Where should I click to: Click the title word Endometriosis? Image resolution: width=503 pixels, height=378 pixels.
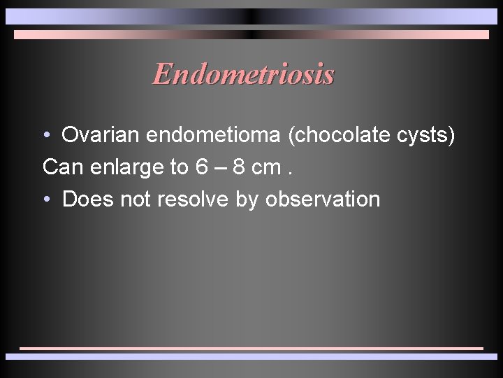243,73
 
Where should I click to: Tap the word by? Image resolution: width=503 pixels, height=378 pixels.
247,200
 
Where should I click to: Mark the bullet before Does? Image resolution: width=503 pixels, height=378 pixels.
46,199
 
